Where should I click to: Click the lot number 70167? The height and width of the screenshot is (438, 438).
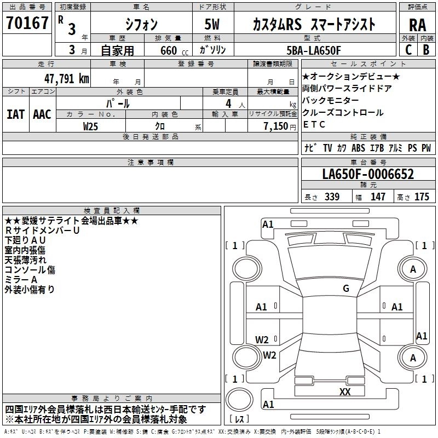click(27, 24)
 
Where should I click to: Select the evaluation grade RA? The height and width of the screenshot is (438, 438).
click(417, 25)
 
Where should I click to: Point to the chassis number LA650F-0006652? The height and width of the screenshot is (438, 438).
click(368, 175)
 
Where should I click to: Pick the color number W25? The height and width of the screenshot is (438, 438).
click(91, 126)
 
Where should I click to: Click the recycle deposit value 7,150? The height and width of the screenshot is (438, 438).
click(272, 126)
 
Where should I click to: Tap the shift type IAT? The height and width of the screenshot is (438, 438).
click(15, 114)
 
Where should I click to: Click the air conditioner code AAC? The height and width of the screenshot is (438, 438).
click(42, 114)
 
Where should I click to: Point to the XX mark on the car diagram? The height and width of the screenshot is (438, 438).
click(345, 392)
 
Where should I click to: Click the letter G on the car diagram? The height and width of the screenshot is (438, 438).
click(345, 289)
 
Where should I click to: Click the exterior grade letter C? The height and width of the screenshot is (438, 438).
click(408, 50)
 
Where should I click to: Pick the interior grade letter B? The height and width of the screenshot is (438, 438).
click(427, 50)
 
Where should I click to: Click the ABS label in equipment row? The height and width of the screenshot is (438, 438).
click(358, 148)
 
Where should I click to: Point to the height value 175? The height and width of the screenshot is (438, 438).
click(422, 197)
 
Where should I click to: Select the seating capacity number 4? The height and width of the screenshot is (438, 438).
click(227, 103)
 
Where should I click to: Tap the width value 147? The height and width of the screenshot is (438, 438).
click(378, 197)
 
